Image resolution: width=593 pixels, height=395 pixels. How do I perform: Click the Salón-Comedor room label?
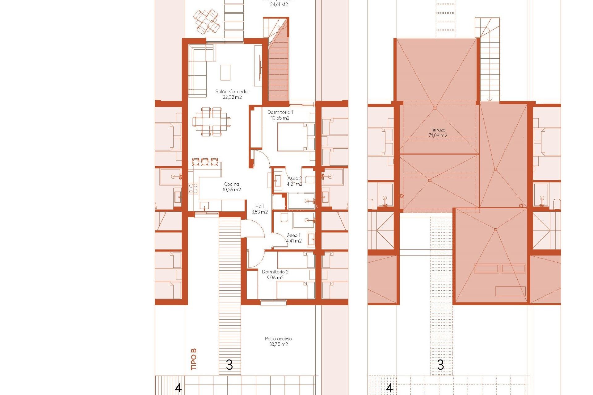tap(232, 94)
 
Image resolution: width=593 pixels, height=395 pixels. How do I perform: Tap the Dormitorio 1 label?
tap(280, 115)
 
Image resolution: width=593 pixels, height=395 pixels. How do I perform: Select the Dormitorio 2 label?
tap(275, 275)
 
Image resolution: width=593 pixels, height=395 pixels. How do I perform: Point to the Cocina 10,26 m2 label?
tap(232, 187)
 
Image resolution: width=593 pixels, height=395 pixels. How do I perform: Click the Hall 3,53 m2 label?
tap(259, 209)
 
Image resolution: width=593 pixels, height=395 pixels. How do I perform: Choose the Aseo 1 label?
tap(294, 238)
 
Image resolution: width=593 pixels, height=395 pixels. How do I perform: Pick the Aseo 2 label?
tap(294, 181)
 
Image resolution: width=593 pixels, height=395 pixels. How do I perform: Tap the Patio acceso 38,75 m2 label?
tap(278, 341)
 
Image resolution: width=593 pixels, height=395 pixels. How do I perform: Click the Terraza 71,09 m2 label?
tap(438, 132)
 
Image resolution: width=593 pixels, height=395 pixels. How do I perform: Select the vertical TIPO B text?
tap(194, 359)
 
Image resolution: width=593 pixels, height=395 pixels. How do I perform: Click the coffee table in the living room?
tap(225, 73)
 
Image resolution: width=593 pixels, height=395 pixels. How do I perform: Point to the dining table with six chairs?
tap(212, 122)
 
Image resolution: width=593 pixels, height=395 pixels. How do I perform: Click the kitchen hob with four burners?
tap(193, 188)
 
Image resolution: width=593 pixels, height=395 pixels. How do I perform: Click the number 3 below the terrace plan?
tap(441, 365)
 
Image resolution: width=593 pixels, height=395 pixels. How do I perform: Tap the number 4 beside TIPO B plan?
tap(178, 388)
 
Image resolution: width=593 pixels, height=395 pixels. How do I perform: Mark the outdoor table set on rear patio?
tap(207, 22)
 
